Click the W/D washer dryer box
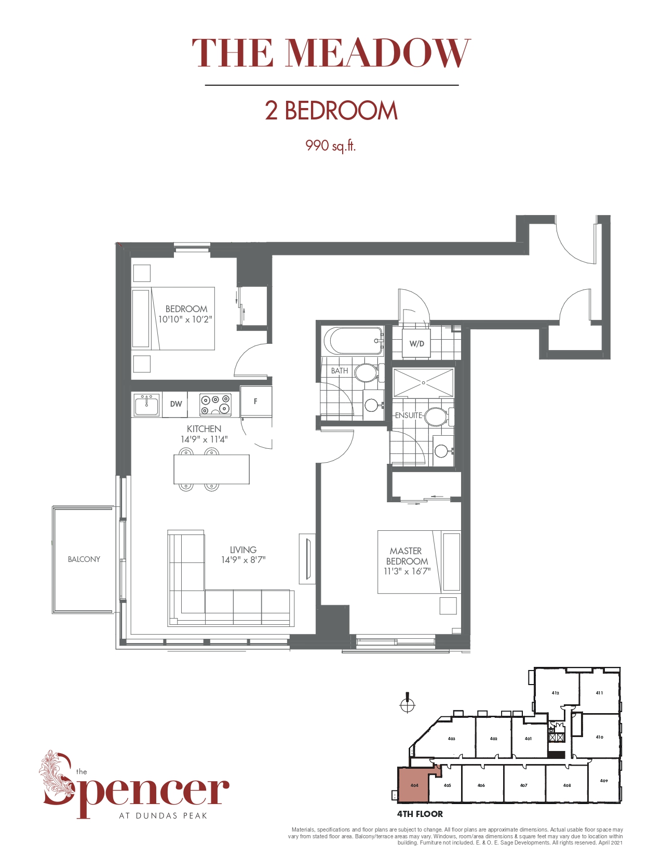[x=416, y=343]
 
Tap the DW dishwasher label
[x=176, y=404]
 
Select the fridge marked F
[x=255, y=401]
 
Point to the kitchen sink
[x=146, y=405]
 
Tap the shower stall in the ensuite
[x=423, y=383]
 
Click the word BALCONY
[x=84, y=559]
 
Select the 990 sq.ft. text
[x=330, y=145]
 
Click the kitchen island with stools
[x=211, y=470]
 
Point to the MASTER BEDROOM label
[x=407, y=556]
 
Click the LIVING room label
[x=243, y=550]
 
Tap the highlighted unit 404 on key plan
[x=414, y=785]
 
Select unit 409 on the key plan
[x=603, y=781]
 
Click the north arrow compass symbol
[x=408, y=704]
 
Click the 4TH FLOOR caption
[x=420, y=814]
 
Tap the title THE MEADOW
[x=331, y=53]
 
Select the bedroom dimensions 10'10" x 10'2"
[x=185, y=319]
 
